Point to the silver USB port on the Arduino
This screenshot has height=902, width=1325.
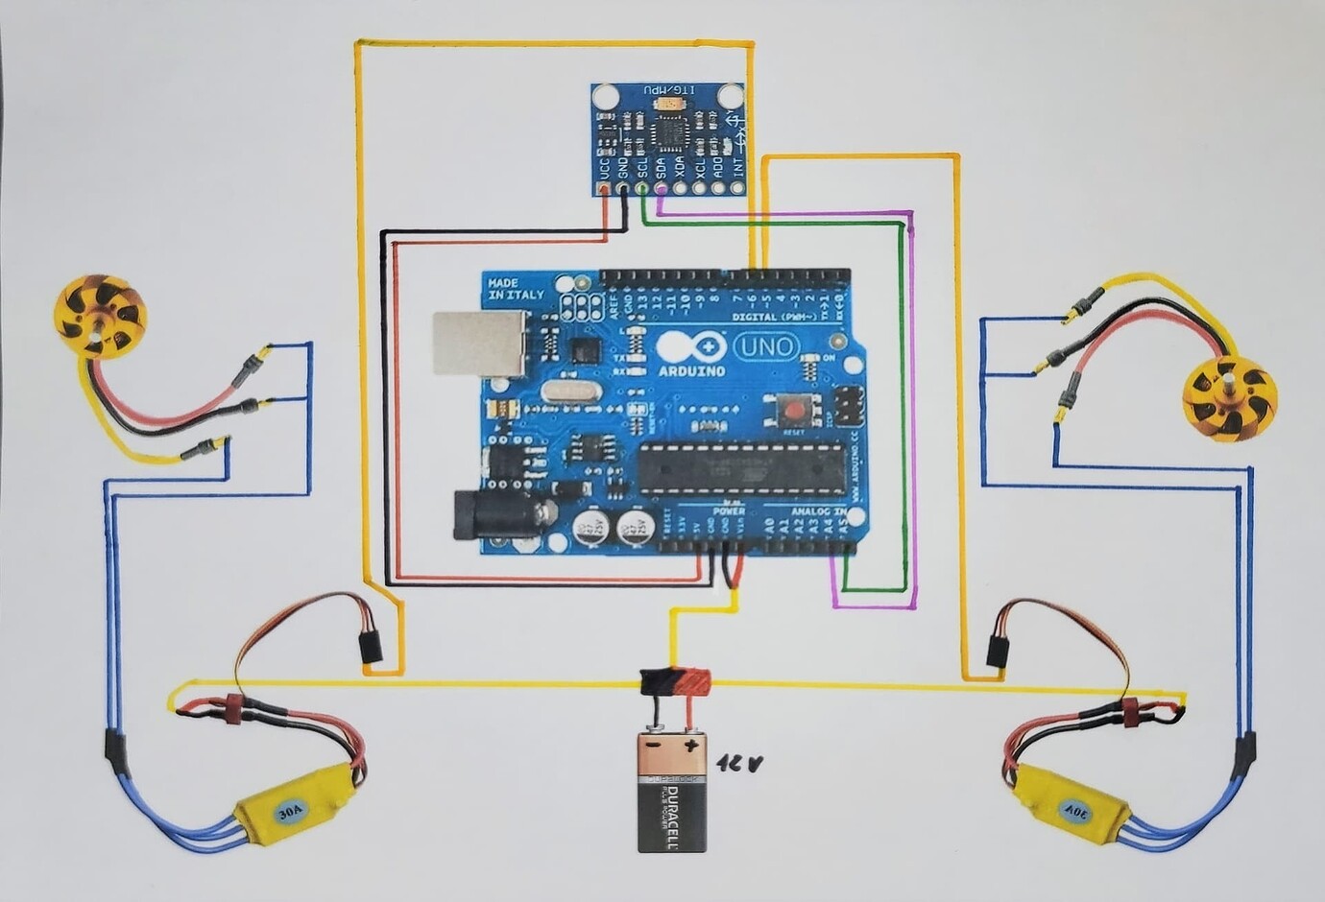pyautogui.click(x=476, y=343)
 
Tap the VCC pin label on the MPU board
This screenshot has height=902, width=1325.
pyautogui.click(x=604, y=168)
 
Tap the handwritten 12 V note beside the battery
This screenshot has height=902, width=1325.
pyautogui.click(x=739, y=764)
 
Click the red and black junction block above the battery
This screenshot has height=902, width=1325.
pyautogui.click(x=676, y=683)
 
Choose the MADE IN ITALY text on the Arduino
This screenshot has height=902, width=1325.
pyautogui.click(x=516, y=289)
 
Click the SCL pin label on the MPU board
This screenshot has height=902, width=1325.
pyautogui.click(x=642, y=168)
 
